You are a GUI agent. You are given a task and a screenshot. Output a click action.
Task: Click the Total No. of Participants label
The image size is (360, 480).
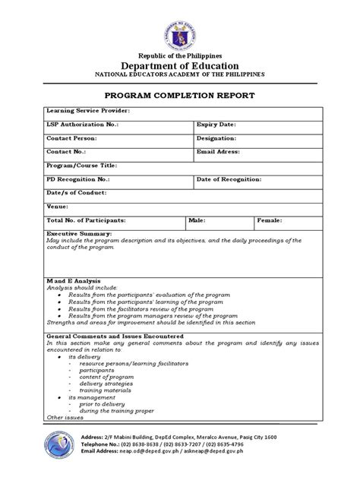[86, 220]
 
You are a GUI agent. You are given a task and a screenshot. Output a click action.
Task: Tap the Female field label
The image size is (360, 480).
[270, 220]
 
